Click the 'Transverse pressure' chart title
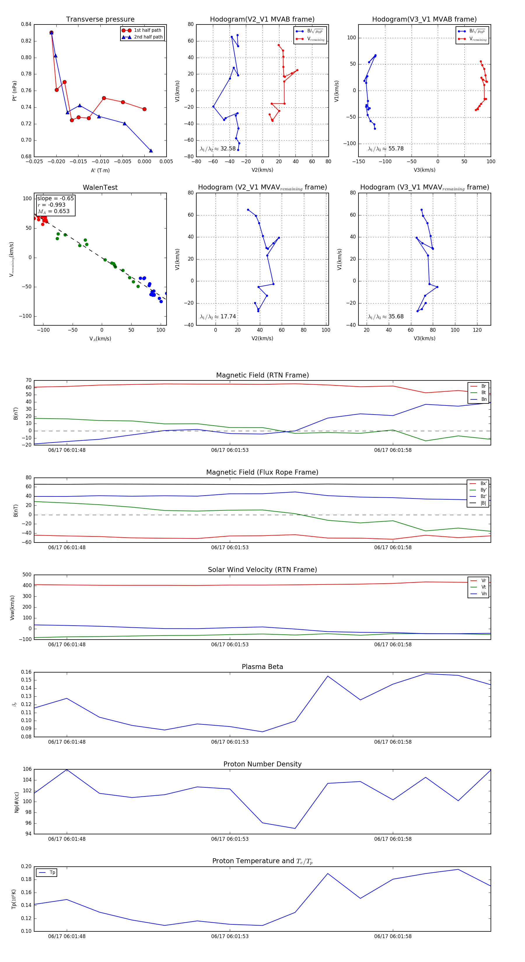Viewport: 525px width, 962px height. [x=100, y=20]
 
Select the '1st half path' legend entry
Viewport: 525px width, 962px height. [x=147, y=30]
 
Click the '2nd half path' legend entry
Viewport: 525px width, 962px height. [x=148, y=37]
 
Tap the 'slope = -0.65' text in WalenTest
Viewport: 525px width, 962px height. [x=55, y=198]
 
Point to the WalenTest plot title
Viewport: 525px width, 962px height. [x=100, y=187]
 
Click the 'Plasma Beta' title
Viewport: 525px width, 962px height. [x=262, y=667]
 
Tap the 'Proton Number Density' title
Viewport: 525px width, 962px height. [x=262, y=764]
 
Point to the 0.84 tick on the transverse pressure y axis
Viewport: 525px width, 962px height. [x=26, y=24]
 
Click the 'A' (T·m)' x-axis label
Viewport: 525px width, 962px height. [x=100, y=170]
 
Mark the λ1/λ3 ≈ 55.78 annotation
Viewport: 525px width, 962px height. [x=386, y=149]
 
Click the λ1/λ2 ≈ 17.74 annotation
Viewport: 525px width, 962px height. [x=218, y=317]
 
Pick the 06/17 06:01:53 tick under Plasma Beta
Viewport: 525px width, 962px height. [x=230, y=742]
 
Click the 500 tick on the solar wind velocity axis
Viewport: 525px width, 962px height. [x=27, y=575]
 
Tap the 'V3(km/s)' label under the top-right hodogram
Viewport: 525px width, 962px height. [x=424, y=170]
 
